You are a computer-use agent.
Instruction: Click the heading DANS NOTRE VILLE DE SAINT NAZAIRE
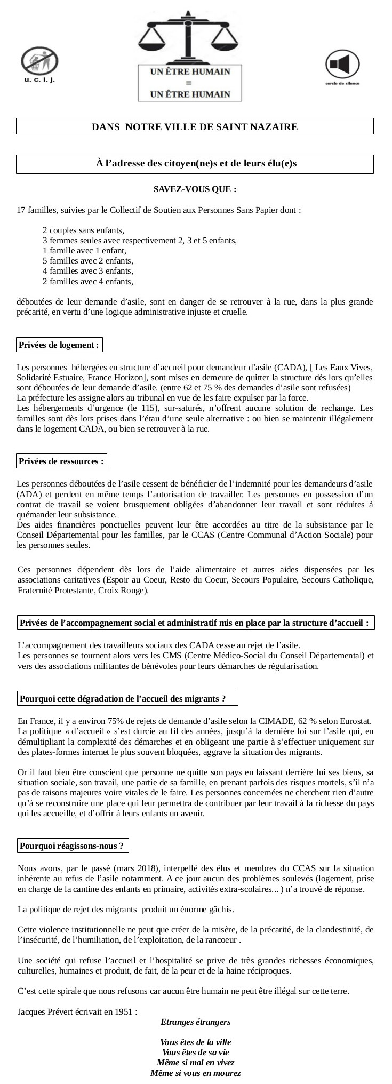click(195, 127)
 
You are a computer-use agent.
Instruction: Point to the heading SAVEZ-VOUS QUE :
click(195, 189)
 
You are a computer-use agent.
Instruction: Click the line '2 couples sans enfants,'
click(83, 230)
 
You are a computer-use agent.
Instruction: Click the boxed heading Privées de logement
click(59, 345)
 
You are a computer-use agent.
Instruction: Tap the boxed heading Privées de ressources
click(61, 461)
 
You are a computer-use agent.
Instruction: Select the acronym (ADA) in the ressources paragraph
click(28, 495)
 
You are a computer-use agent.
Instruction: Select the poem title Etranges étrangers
click(195, 1022)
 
